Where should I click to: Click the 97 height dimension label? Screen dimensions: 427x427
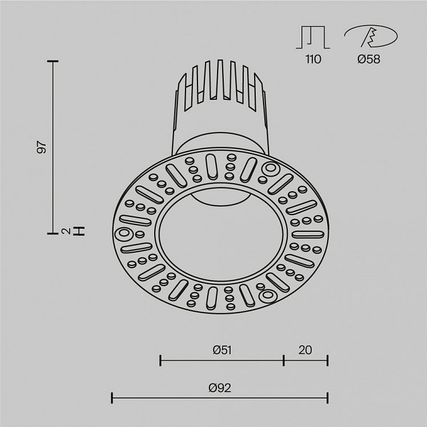42,147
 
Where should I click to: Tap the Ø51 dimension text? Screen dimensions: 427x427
222,350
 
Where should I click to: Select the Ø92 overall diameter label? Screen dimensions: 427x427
220,388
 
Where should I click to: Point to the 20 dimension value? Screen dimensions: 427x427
305,350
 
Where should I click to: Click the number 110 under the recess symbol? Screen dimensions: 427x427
313,59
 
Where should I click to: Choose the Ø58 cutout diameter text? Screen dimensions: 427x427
369,59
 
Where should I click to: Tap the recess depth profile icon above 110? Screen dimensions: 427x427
313,37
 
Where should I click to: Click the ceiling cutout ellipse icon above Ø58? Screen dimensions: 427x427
371,36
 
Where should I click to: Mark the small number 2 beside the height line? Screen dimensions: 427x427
65,231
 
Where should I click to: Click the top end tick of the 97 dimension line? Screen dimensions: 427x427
53,62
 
